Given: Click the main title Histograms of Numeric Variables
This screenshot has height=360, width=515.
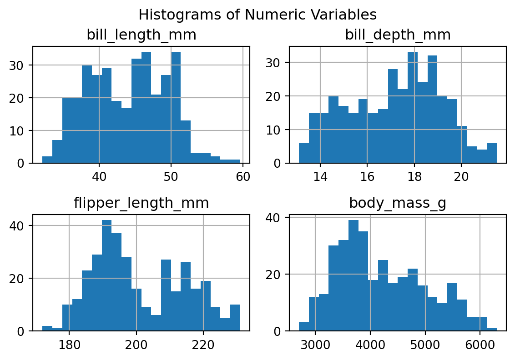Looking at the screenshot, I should (x=257, y=15).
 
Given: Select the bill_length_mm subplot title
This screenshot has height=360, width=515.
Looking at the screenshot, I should (x=141, y=35).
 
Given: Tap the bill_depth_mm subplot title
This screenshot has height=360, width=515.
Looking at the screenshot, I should (x=398, y=35).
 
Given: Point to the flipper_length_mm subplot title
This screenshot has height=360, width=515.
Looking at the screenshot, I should (x=141, y=203).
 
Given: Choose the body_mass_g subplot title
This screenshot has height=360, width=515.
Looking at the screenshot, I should (x=398, y=203).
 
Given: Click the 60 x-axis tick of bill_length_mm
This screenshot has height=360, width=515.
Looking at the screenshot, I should (x=243, y=176).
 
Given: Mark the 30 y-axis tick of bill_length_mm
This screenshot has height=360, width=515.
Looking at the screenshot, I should (x=20, y=65).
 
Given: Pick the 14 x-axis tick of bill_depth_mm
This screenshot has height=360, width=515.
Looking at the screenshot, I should (x=320, y=176).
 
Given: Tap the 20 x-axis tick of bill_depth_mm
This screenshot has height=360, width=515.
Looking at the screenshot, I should (x=461, y=176).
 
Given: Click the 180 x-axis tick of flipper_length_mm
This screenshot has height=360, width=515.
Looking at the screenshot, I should (x=69, y=344).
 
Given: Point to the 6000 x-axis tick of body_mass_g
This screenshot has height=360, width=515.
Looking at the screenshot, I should (x=480, y=344).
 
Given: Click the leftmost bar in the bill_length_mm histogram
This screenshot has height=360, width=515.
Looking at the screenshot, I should (x=47, y=160).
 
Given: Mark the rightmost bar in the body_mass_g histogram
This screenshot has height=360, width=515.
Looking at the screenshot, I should (x=491, y=330).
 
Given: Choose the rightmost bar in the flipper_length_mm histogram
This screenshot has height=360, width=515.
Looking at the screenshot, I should (x=235, y=318).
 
